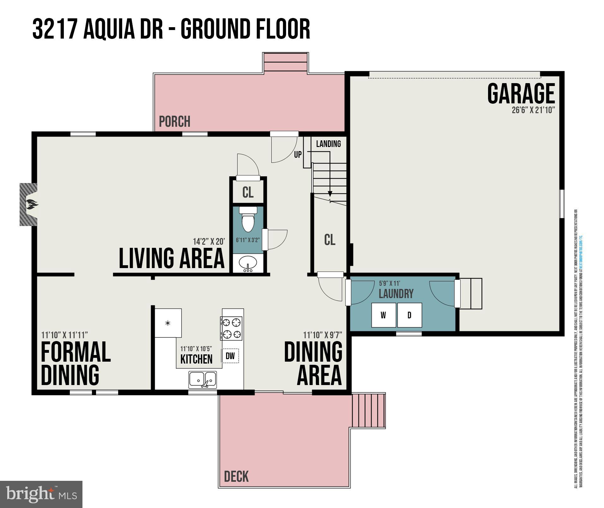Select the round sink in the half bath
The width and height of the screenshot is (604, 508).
[x=248, y=263]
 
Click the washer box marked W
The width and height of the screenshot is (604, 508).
[x=384, y=315]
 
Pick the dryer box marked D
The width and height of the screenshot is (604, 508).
[x=409, y=315]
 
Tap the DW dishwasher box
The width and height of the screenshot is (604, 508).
[x=230, y=356]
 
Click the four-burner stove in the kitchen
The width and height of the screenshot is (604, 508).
[x=232, y=328]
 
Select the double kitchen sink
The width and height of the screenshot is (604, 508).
[x=203, y=379]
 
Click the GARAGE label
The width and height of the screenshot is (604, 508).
[x=521, y=94]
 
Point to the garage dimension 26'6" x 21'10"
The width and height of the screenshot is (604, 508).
[x=533, y=110]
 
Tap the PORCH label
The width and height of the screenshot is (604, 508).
[x=174, y=122]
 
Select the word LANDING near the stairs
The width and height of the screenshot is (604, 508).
[x=329, y=144]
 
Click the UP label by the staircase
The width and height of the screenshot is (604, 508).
[x=298, y=155]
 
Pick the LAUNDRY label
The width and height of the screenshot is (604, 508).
[x=396, y=294]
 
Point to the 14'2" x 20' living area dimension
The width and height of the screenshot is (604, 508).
[x=209, y=242]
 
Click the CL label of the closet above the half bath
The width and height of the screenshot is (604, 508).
[x=248, y=192]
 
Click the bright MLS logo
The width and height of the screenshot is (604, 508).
[x=41, y=494]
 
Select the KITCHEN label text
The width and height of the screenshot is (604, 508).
[x=196, y=359]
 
